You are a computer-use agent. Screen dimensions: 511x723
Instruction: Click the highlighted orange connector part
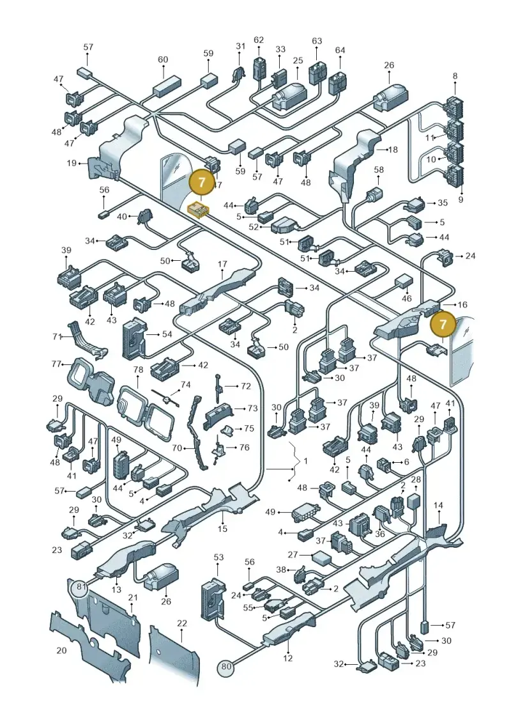click(198, 209)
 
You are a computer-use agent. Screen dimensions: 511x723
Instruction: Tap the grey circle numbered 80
click(225, 666)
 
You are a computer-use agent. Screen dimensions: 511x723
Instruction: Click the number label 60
click(163, 59)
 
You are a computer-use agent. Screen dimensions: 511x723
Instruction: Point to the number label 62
click(259, 40)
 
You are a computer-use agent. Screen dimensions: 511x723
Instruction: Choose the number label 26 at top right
click(390, 65)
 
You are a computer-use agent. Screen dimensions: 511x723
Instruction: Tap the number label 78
click(138, 369)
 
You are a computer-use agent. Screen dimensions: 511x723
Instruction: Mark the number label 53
click(218, 557)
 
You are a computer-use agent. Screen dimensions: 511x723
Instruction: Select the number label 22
click(182, 623)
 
